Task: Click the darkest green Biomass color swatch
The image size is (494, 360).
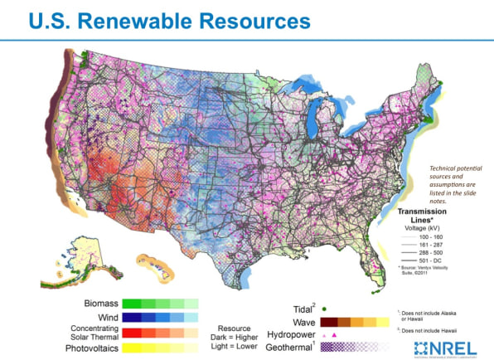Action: [x=129, y=304]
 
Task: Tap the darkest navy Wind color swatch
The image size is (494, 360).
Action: [x=129, y=316]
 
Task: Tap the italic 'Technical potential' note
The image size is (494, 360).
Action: [x=452, y=168]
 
